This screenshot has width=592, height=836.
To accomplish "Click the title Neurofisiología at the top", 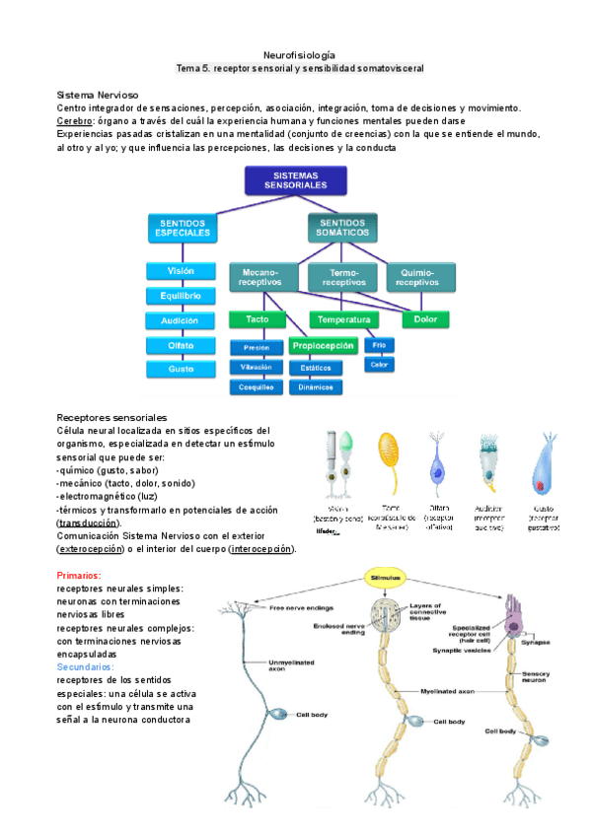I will click(x=300, y=55).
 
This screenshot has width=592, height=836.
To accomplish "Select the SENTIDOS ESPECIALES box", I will click(x=183, y=230).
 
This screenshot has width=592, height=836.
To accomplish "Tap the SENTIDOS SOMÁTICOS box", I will click(x=343, y=229).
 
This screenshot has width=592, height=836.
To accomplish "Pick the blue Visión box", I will click(x=181, y=271).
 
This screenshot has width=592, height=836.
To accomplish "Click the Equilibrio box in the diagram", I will click(x=181, y=296).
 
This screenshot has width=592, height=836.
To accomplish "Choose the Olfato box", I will click(x=181, y=345).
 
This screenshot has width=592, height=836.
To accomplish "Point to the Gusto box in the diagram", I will click(x=181, y=369).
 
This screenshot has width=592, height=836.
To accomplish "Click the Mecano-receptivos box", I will click(x=259, y=277).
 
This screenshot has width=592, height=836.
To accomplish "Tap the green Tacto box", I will click(x=257, y=319).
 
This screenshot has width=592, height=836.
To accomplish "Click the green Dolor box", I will click(x=425, y=319).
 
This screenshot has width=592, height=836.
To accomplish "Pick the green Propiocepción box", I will click(x=323, y=346).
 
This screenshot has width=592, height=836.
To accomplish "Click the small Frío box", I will click(x=378, y=345).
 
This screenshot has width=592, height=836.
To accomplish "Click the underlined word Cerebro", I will click(x=74, y=120).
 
